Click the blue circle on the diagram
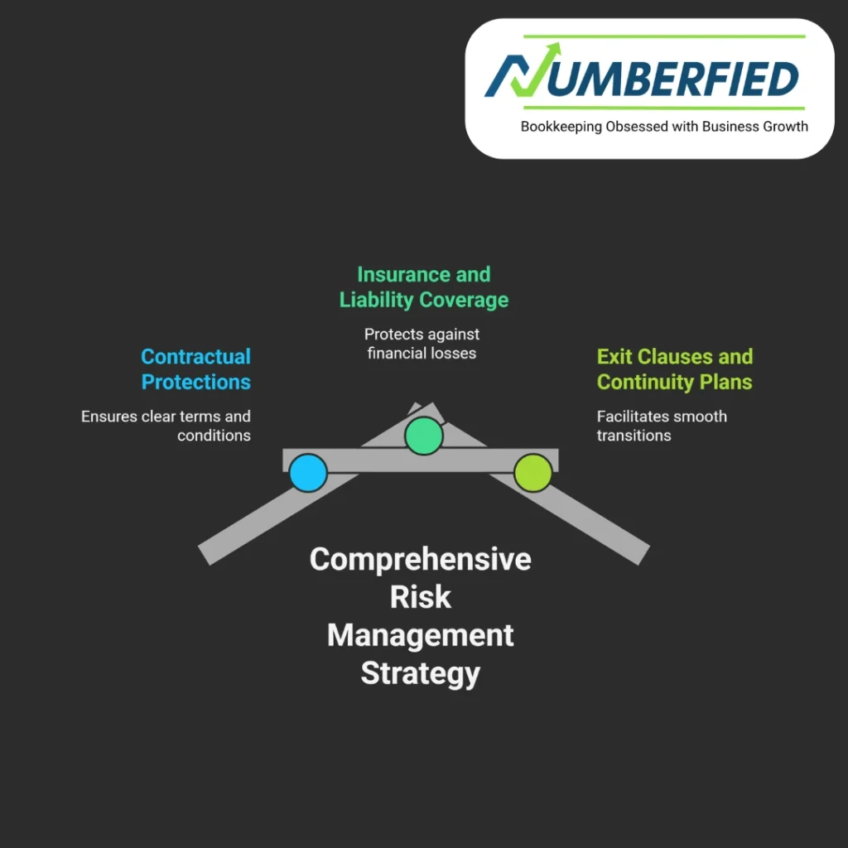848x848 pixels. point(308,473)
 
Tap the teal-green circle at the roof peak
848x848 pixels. point(424,436)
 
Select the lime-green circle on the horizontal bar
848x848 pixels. point(532,473)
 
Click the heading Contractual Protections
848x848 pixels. point(195,369)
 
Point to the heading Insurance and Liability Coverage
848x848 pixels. point(424,287)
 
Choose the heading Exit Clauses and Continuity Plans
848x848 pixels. point(674,369)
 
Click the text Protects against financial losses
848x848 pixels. point(422,344)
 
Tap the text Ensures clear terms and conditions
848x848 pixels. point(166,426)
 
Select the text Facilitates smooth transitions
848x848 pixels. point(662,426)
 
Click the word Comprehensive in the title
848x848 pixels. point(420,559)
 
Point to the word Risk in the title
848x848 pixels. point(420,597)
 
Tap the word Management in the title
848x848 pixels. point(420,635)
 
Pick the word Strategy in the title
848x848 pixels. point(420,673)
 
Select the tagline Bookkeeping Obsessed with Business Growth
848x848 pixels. point(664,127)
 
